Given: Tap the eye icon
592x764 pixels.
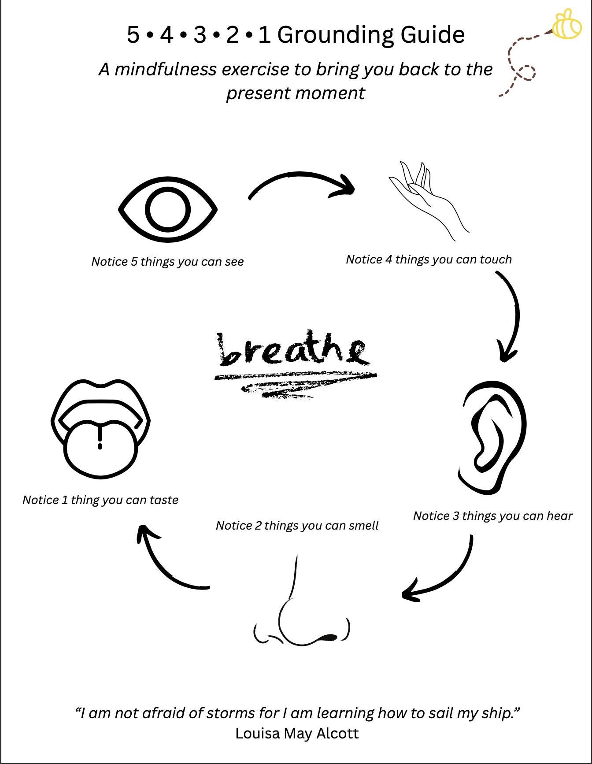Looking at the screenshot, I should point(168,209).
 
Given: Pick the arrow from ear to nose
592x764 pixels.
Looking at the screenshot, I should point(440,577).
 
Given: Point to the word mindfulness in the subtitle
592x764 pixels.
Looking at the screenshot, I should point(166,70).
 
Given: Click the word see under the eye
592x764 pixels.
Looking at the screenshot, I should point(234,262).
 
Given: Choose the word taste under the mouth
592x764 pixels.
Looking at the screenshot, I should point(163,500).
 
